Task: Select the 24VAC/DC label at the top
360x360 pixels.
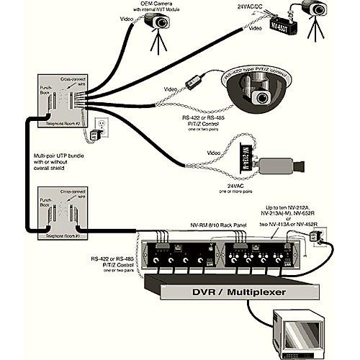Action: point(252,6)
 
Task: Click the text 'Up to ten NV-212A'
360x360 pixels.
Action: point(290,207)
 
